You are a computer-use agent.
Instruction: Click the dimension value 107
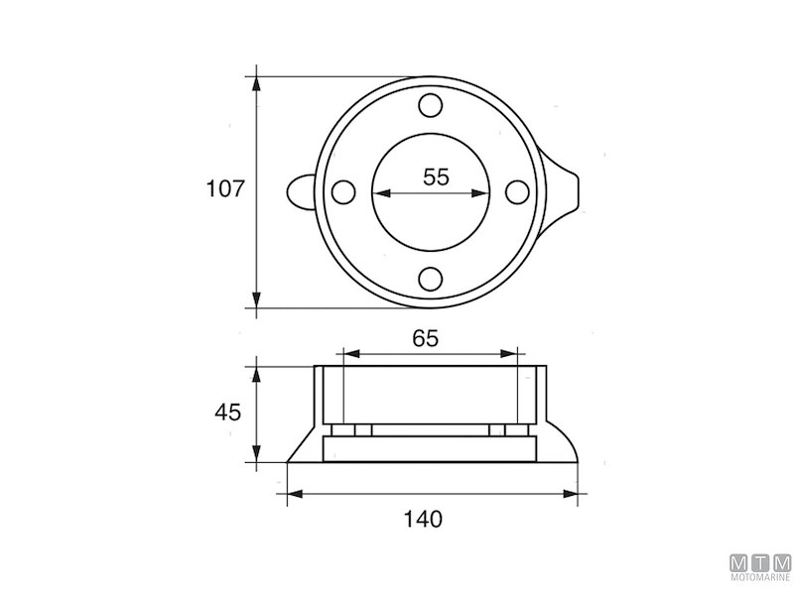point(225,189)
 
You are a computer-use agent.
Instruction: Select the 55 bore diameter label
point(436,178)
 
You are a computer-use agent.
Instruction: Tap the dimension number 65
point(425,337)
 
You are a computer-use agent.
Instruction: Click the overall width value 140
point(424,518)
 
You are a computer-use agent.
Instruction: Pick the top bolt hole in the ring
point(430,104)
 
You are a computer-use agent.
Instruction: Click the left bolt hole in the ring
point(342,192)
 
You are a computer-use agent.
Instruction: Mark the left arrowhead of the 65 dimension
point(346,352)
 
